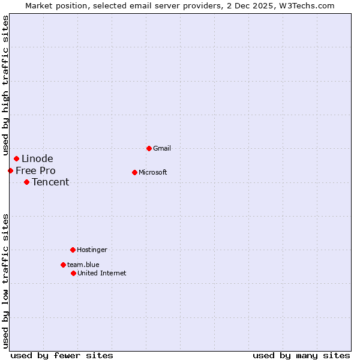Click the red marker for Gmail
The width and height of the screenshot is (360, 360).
tap(149, 148)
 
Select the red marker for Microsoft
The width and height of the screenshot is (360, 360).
tap(134, 172)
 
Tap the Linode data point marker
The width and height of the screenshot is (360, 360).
tap(16, 158)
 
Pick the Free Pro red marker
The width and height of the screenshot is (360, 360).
tap(10, 170)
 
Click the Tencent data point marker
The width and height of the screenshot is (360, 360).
tap(26, 182)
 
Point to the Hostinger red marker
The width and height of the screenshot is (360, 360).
tap(73, 250)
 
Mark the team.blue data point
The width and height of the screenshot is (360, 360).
tap(63, 265)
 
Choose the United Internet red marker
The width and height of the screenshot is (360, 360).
tap(73, 273)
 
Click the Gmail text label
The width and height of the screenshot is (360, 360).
tap(162, 148)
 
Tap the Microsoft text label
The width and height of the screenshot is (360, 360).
tap(153, 172)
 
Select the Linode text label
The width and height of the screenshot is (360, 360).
tap(37, 158)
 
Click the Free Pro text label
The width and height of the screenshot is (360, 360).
tap(35, 170)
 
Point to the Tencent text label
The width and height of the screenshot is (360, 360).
tap(50, 182)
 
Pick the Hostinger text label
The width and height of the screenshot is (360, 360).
tap(92, 250)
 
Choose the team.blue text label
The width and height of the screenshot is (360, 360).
tap(83, 265)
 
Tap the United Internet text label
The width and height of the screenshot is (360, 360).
tap(102, 273)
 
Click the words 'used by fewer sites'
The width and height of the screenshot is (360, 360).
tap(62, 355)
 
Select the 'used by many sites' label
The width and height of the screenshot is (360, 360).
tap(301, 355)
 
